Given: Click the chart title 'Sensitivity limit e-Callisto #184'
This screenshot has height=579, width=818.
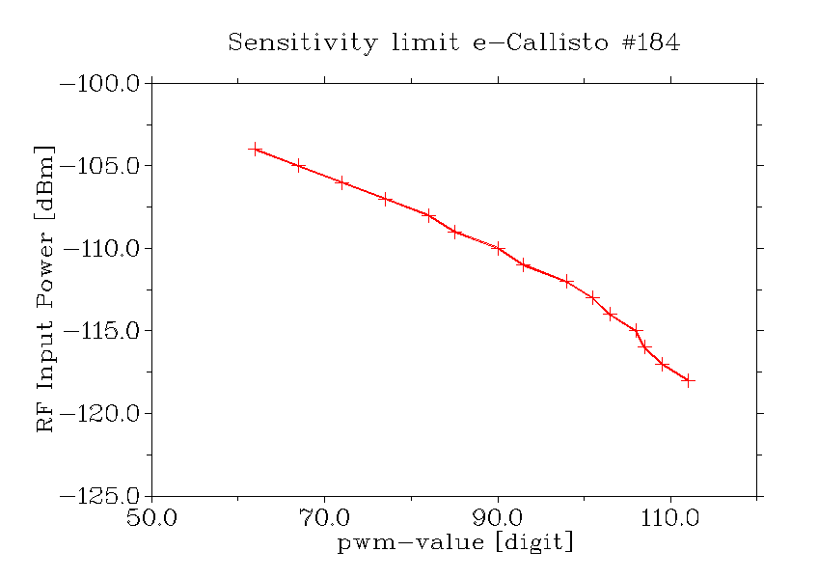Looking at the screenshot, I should point(453,43).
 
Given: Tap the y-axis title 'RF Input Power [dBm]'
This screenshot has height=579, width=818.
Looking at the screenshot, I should point(44,289).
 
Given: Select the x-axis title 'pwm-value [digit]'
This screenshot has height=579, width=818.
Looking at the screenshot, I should point(454,542).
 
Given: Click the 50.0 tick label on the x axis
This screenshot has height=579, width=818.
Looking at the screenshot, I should point(152,519).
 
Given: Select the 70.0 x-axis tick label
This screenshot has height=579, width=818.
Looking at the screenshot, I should point(325,519).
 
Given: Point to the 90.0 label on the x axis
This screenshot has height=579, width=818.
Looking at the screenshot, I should point(498,519).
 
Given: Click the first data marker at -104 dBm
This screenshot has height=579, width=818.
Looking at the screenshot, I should point(255,149).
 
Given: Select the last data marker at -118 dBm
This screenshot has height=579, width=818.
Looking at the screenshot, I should point(688,380).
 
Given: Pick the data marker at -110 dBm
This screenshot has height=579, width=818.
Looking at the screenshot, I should point(498,248).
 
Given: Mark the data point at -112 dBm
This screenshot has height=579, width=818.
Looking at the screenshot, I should point(567,281).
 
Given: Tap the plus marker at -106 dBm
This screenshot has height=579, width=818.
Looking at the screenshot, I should point(341,181).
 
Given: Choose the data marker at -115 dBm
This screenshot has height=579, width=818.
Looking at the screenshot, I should point(636,330).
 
